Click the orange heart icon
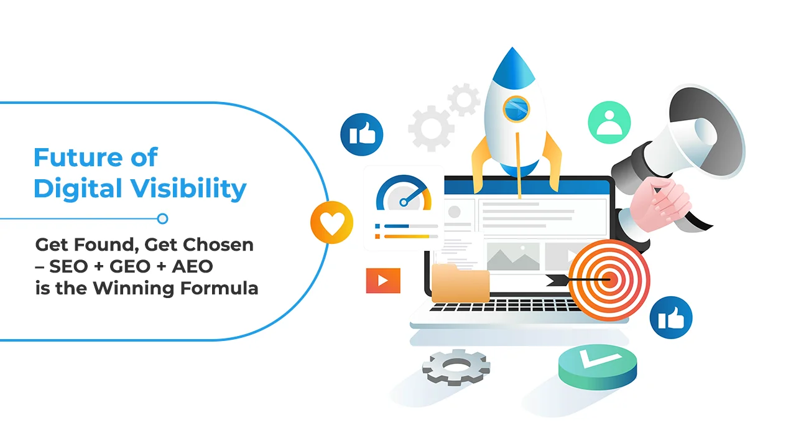(x=331, y=222)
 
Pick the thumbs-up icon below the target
(x=671, y=317)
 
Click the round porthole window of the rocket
(x=516, y=110)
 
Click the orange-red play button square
(x=383, y=281)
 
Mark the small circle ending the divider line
(x=162, y=218)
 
